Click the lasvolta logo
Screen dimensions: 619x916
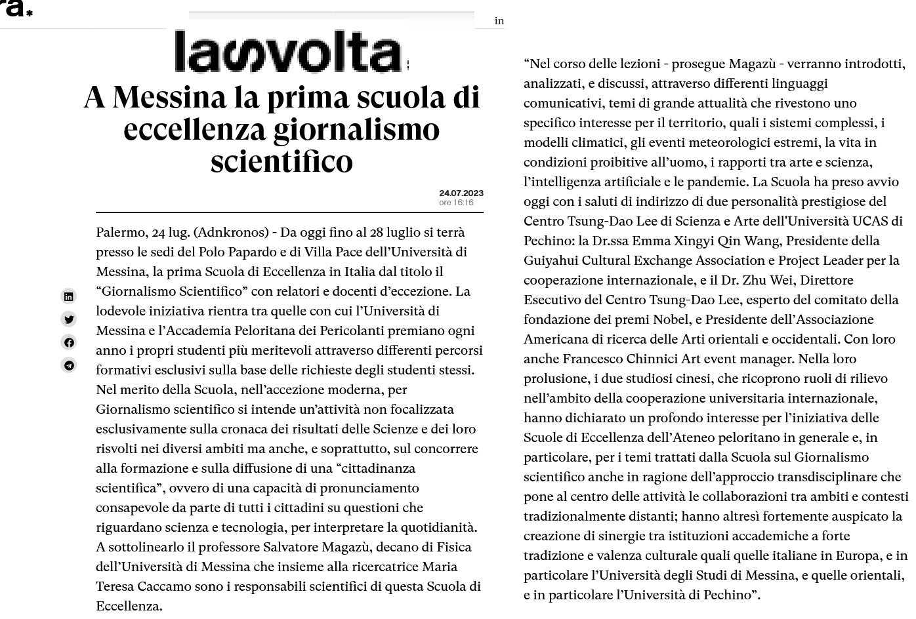coord(288,50)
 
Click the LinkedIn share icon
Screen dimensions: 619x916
coord(69,296)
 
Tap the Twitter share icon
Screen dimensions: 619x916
coord(69,319)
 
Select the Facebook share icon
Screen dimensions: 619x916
coord(69,342)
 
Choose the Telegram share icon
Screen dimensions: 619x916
coord(69,365)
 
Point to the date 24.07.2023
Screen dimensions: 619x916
coord(461,193)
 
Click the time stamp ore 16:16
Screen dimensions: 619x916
coord(456,203)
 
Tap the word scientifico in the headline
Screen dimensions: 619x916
coord(281,161)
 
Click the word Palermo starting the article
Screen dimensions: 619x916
coord(120,232)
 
